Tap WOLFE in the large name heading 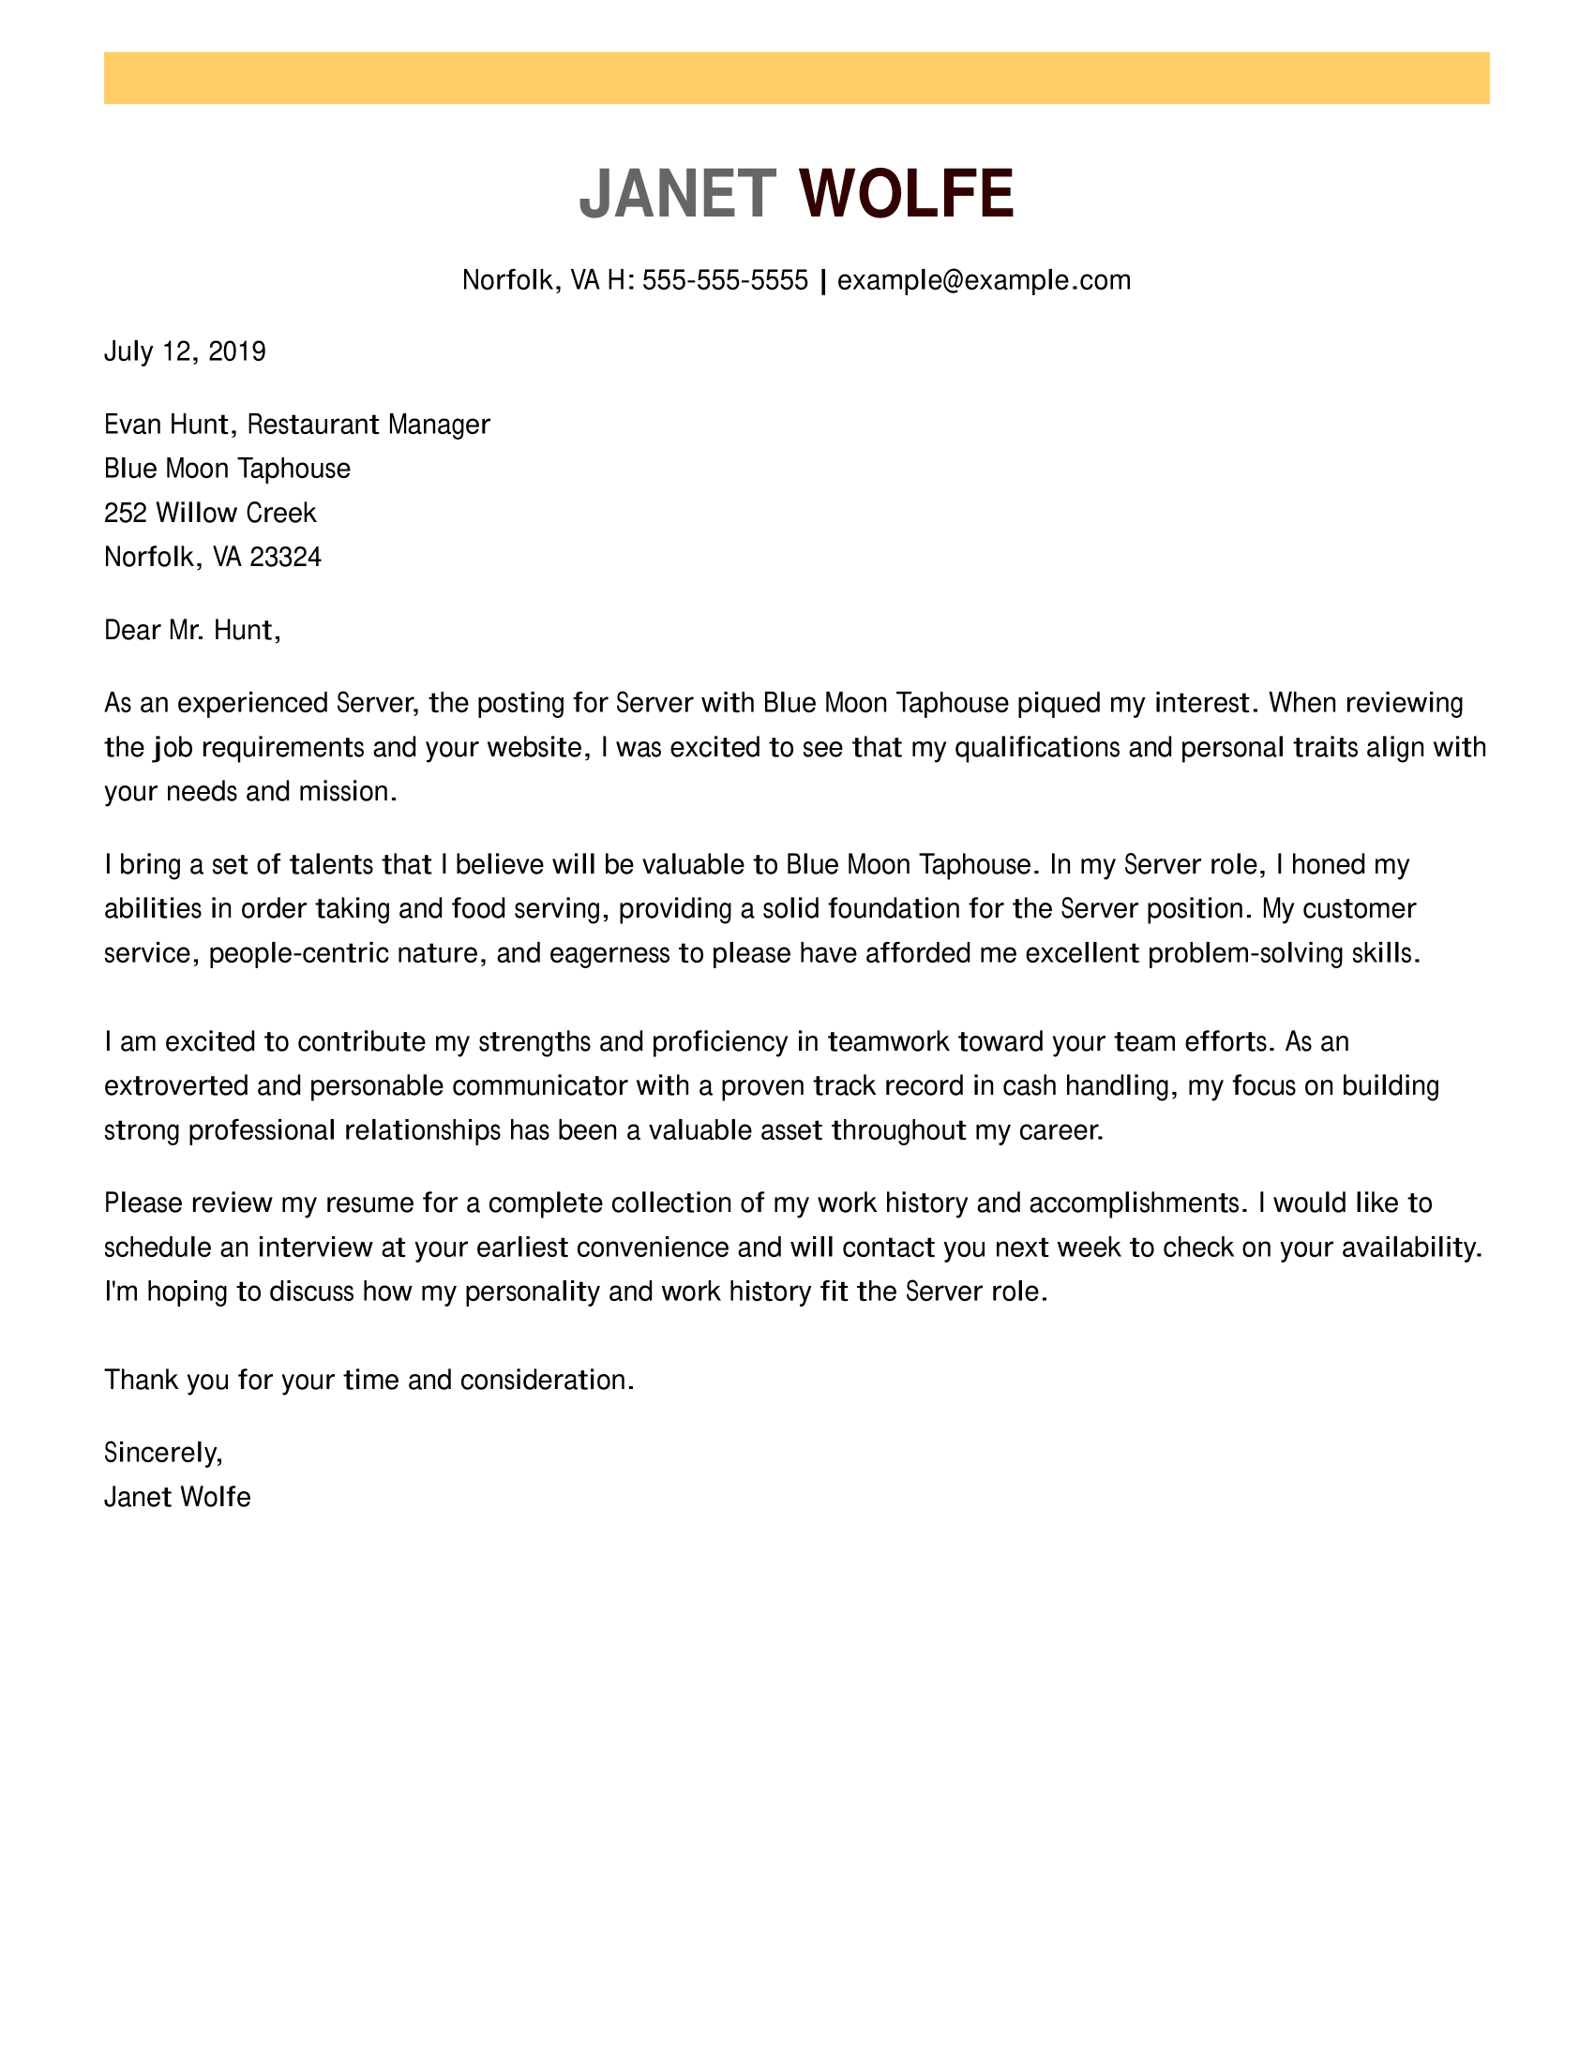click(x=906, y=194)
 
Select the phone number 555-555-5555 click(x=724, y=280)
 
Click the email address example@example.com click(x=983, y=280)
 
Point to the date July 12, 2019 click(x=185, y=352)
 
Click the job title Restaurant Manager click(x=368, y=425)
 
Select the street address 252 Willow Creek click(x=210, y=514)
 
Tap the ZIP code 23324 click(x=285, y=558)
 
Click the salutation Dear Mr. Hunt click(x=191, y=631)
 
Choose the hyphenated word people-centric click(x=298, y=953)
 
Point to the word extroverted click(x=175, y=1086)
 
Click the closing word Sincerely click(x=162, y=1453)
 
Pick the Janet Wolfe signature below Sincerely click(x=177, y=1498)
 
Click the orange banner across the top click(x=796, y=79)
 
